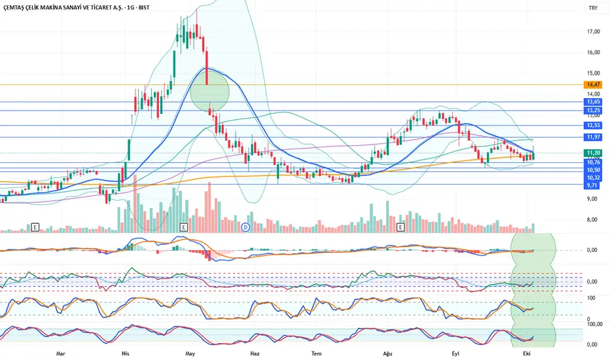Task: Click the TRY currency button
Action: click(593, 9)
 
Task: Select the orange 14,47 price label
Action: click(593, 84)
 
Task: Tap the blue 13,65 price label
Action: click(593, 101)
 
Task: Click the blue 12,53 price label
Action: click(593, 125)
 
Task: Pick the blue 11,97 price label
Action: click(593, 137)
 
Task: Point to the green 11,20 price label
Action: click(593, 153)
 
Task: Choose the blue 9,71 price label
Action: click(593, 185)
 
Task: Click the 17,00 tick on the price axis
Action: click(593, 31)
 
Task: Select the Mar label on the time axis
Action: click(60, 353)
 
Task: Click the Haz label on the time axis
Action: click(255, 353)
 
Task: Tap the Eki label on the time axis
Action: click(526, 353)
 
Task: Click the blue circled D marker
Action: click(245, 226)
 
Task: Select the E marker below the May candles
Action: click(183, 226)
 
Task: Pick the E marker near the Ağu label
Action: click(401, 226)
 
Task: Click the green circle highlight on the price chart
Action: click(209, 91)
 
